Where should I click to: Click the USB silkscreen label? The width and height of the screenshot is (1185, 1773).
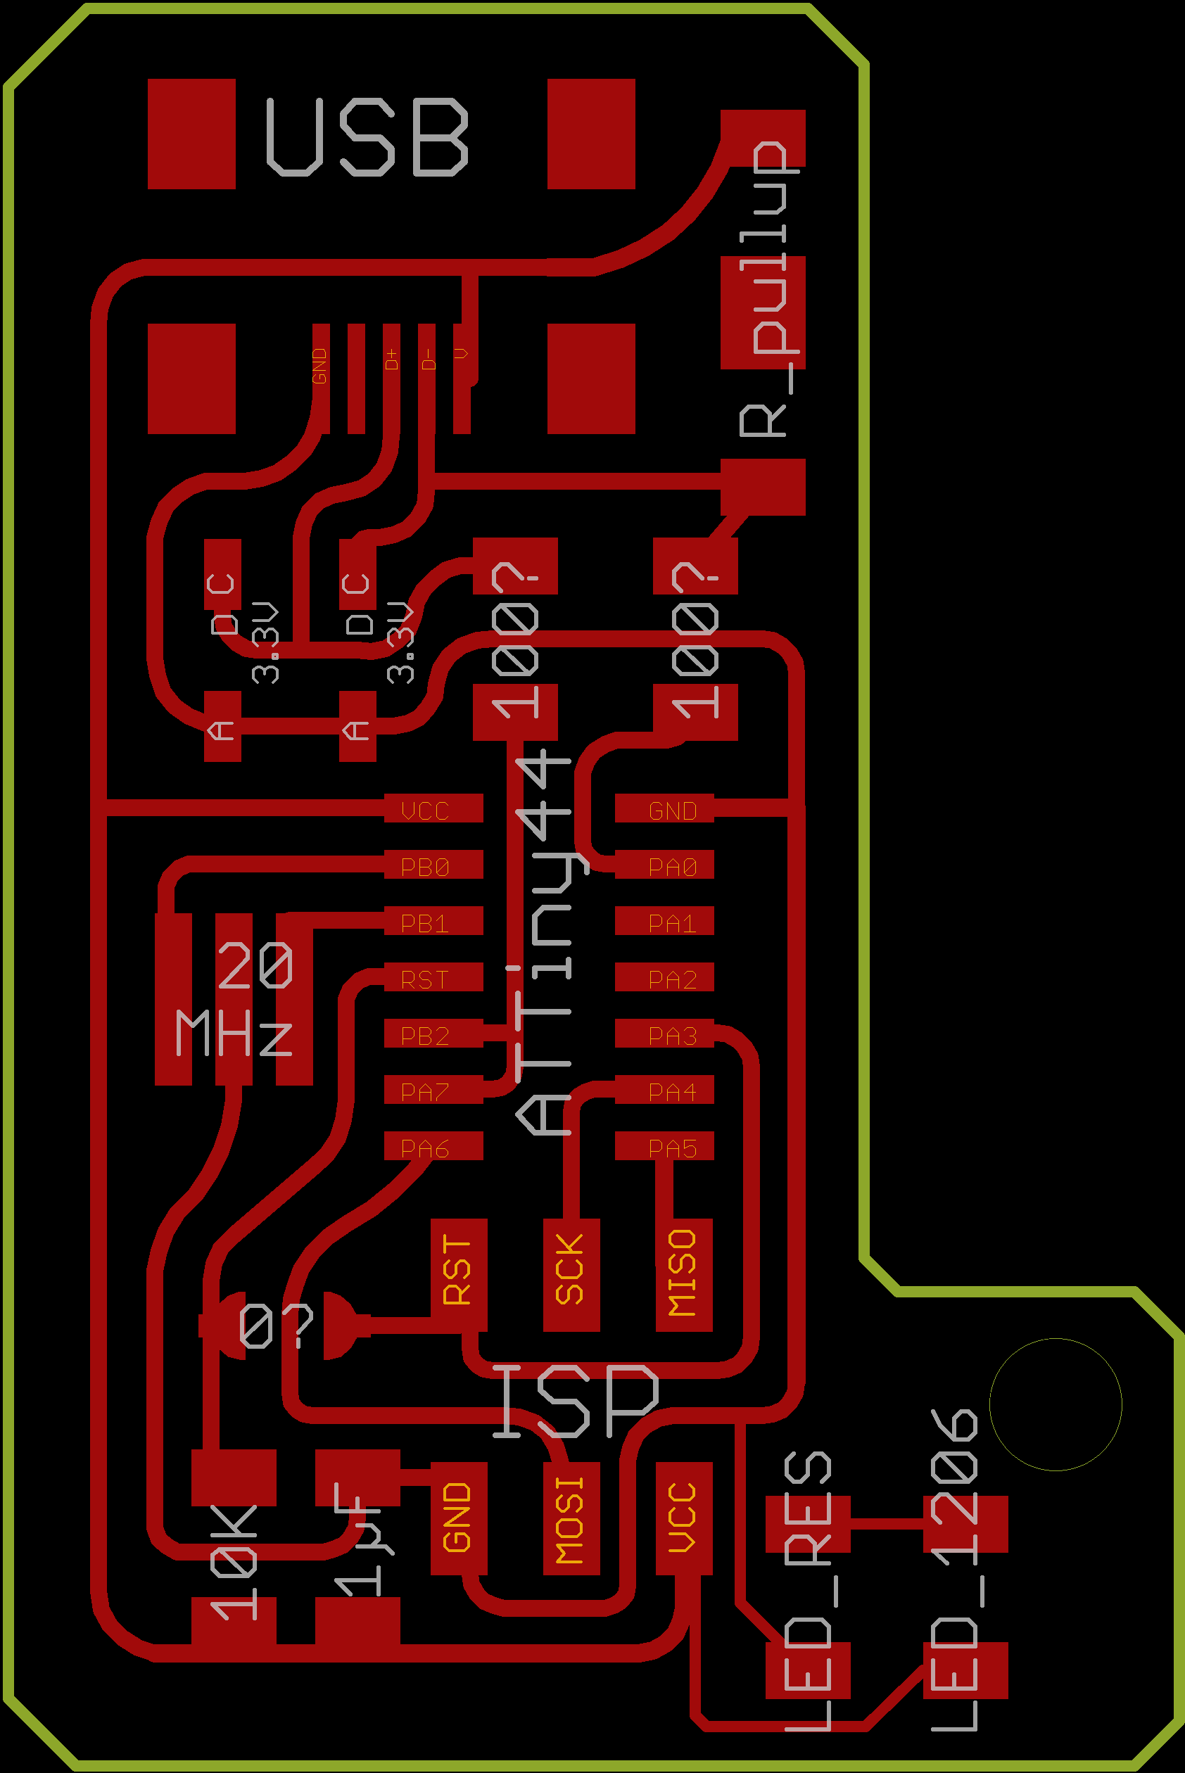tap(367, 137)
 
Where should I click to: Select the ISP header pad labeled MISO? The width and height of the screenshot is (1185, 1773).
tap(684, 1274)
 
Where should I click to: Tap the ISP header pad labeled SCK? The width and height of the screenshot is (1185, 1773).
tap(571, 1274)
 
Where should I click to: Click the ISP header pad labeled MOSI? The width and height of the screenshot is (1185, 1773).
tap(571, 1518)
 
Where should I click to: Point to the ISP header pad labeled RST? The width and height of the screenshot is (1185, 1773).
tap(459, 1274)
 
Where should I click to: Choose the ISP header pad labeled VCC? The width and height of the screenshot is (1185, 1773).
tap(684, 1518)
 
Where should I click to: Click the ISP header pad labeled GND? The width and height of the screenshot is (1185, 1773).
tap(459, 1518)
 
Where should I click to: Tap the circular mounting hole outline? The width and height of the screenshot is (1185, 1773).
tap(1055, 1404)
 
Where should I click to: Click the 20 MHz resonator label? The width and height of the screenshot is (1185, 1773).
tap(234, 998)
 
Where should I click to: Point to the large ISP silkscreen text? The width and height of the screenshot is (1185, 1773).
tap(576, 1402)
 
